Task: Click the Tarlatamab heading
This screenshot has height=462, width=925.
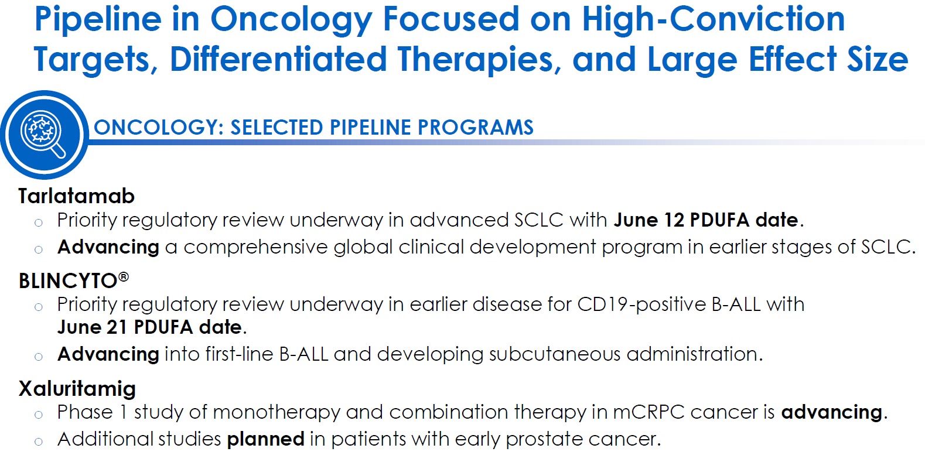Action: coord(76,196)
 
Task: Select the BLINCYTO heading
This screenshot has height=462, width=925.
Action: coord(73,280)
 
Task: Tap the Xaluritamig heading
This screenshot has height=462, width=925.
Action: coord(77,389)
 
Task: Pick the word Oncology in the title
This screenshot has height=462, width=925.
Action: coord(292,19)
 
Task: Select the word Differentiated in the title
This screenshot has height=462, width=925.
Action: coord(278,59)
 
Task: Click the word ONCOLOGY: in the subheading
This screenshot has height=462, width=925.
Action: coord(159,127)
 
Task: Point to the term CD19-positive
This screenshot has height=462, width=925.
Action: coord(641,304)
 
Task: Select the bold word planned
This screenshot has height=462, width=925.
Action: coord(266,439)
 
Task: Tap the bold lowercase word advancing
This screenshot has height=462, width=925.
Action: coord(832,412)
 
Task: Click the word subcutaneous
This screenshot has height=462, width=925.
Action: coord(555,354)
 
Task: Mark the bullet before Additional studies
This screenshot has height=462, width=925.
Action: coord(39,442)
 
